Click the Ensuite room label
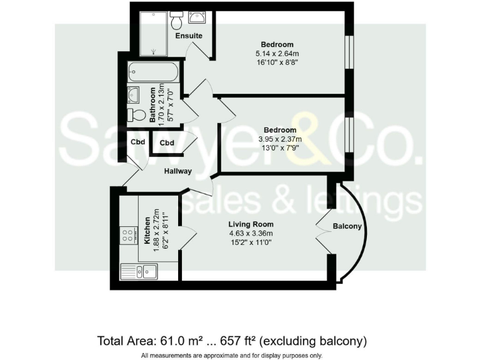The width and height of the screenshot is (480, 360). point(189,36)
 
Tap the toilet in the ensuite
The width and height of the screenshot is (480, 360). point(176,21)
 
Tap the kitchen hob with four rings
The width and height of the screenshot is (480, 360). point(129,236)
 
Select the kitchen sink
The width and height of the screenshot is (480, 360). point(139,271)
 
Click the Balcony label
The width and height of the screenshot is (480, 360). point(347,226)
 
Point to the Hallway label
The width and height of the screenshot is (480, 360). point(178,171)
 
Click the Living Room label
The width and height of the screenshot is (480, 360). point(252,224)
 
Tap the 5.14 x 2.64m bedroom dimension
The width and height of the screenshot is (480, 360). point(277,53)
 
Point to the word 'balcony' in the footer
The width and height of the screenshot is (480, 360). point(344,341)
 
